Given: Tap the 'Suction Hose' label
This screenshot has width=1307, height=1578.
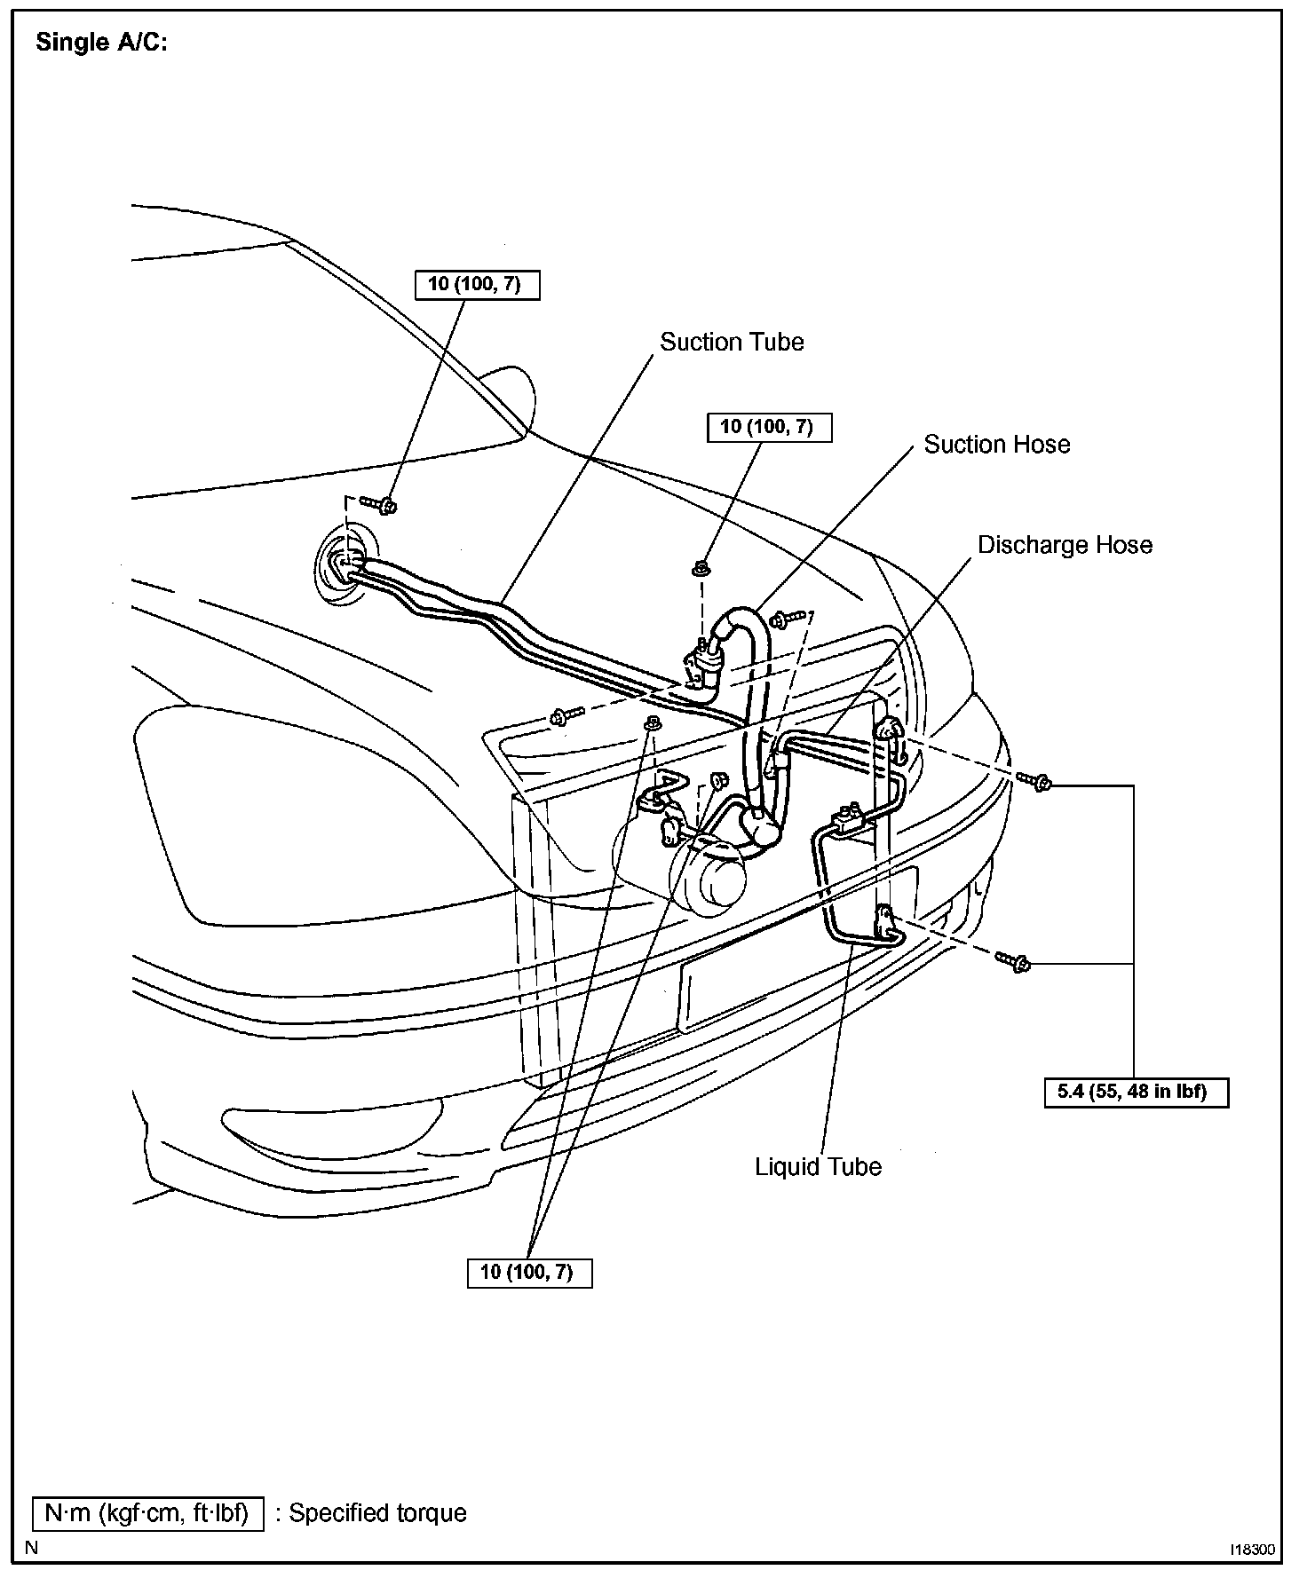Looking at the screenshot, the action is pos(997,445).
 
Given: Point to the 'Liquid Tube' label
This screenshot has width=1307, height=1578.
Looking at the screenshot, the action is pos(818,1166).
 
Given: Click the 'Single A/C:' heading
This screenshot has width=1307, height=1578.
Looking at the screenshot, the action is pos(101,43).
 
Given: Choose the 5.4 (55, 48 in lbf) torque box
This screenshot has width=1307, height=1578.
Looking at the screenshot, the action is pos(1137,1092).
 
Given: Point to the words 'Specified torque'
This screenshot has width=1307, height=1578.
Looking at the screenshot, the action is pos(377,1513).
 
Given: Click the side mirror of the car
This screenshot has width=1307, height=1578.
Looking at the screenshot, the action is pos(507,401).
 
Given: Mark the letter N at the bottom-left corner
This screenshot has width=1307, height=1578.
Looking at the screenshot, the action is pos(32,1549).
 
